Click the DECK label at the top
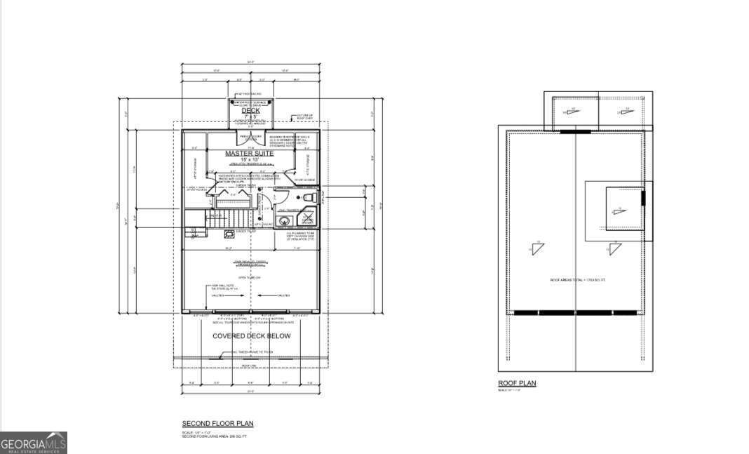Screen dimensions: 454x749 tap(250, 110)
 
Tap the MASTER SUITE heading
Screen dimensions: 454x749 tap(250, 153)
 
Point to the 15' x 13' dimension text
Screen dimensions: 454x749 tap(250, 160)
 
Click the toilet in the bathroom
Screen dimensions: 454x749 tap(306, 200)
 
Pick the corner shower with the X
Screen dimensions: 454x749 tap(307, 220)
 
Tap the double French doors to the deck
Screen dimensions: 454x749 tap(250, 137)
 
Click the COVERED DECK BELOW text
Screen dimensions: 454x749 tap(251, 336)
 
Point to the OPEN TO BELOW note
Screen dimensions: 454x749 tap(250, 278)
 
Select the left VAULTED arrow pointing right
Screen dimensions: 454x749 tap(224, 295)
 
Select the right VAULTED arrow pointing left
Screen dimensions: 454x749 tap(279, 295)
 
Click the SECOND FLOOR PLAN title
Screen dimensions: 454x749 tap(217, 424)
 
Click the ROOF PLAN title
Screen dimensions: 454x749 tap(516, 383)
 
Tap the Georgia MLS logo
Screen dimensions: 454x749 tap(34, 443)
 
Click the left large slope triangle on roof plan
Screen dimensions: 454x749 tap(538, 248)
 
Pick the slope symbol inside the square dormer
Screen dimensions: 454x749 tap(618, 209)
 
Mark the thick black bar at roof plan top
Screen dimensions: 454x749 tap(574, 131)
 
